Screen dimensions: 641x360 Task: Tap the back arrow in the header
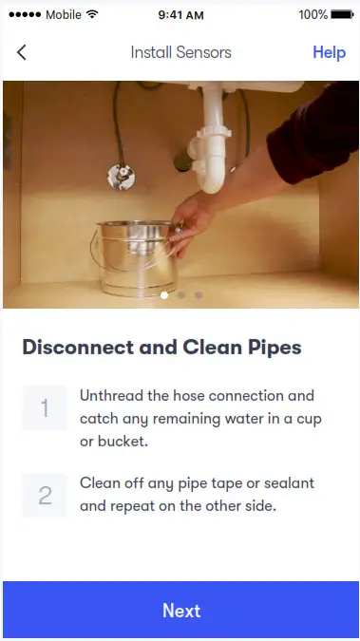point(22,52)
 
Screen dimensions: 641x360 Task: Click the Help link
point(329,52)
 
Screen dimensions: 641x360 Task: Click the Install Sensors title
point(180,52)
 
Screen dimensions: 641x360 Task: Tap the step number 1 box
point(45,408)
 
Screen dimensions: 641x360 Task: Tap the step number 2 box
point(45,495)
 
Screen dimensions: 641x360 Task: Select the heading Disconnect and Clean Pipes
point(161,348)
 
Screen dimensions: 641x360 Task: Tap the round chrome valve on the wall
point(120,176)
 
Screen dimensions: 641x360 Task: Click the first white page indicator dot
point(164,295)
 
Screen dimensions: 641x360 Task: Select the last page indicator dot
point(199,295)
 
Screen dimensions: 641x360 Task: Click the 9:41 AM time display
point(180,14)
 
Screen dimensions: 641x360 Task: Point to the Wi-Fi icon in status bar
point(92,14)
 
